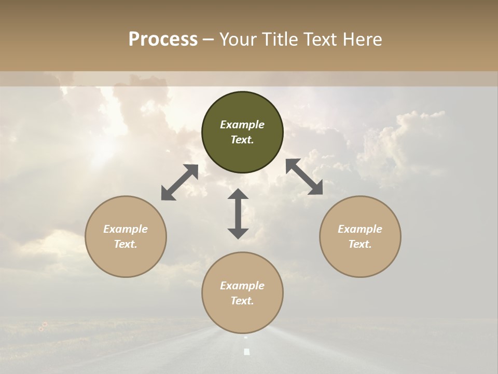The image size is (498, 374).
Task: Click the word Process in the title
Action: pyautogui.click(x=163, y=39)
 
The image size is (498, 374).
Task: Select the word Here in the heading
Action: pyautogui.click(x=363, y=39)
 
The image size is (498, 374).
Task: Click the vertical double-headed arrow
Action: pyautogui.click(x=238, y=213)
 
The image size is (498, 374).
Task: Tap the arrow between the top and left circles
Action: pyautogui.click(x=179, y=182)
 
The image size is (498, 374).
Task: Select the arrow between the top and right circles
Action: pyautogui.click(x=305, y=177)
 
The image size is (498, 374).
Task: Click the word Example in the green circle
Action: pyautogui.click(x=242, y=125)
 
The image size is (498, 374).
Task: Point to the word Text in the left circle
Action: pyautogui.click(x=126, y=244)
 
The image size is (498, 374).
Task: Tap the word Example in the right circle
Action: pyautogui.click(x=360, y=229)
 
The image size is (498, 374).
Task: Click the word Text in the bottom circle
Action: pyautogui.click(x=242, y=301)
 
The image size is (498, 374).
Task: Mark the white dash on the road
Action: pyautogui.click(x=247, y=352)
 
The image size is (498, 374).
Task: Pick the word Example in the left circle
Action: pyautogui.click(x=126, y=229)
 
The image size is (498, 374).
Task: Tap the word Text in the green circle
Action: pyautogui.click(x=242, y=140)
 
